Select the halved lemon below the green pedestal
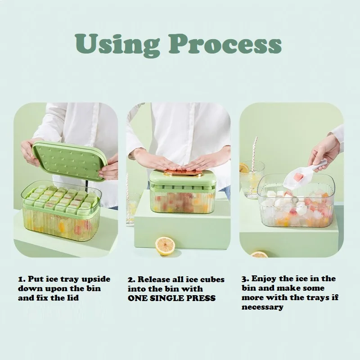[165, 246]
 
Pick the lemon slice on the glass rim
[244, 168]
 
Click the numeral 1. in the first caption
[22, 279]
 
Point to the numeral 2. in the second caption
[131, 279]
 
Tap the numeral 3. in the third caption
[245, 279]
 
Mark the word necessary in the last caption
[262, 307]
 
